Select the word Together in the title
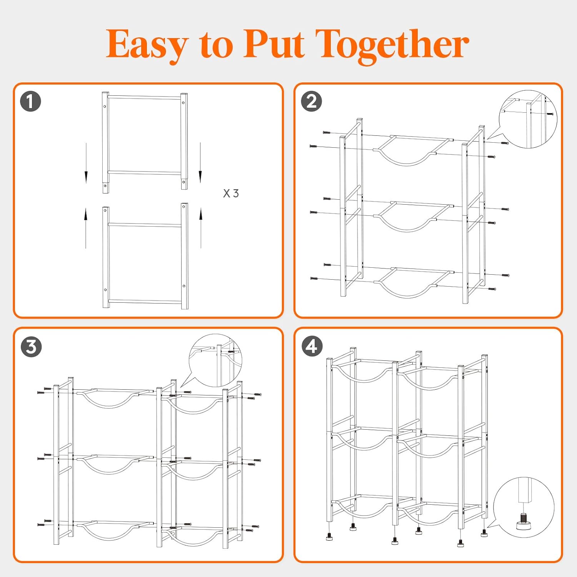click(392, 46)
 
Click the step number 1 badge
click(30, 102)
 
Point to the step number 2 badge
click(311, 102)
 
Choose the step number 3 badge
click(31, 347)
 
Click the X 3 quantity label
click(231, 193)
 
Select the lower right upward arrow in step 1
click(201, 228)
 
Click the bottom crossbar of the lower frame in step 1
click(145, 302)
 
